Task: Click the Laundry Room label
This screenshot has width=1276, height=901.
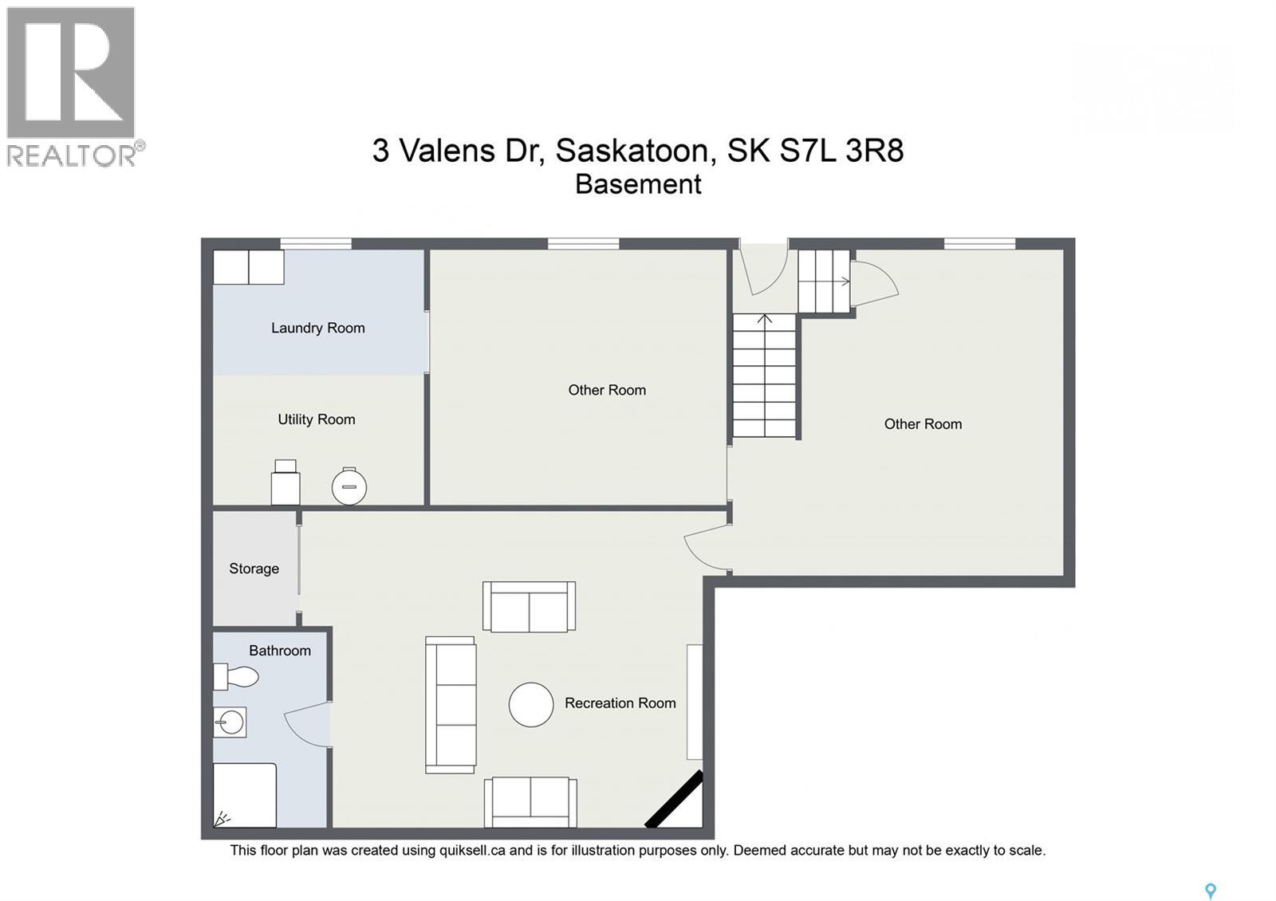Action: [x=317, y=328]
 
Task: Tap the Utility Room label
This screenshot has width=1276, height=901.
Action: [x=316, y=419]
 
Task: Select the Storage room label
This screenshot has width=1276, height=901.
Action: [x=254, y=569]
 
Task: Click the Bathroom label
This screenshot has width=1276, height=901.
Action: [x=279, y=651]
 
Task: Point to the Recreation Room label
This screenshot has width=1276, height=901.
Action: [x=620, y=703]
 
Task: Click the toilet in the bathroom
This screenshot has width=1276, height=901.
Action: [x=237, y=677]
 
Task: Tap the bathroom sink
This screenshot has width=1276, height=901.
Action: [x=230, y=722]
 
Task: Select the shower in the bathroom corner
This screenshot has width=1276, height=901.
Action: [x=245, y=795]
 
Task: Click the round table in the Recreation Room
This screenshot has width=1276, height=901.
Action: [x=531, y=705]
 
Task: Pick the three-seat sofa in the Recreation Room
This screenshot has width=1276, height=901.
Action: [x=451, y=705]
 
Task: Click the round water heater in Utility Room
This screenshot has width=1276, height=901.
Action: [x=349, y=486]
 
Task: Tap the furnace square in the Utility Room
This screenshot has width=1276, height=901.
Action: [x=286, y=483]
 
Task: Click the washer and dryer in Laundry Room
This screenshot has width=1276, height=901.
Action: [x=248, y=267]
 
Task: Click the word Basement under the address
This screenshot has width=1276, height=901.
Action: [x=638, y=184]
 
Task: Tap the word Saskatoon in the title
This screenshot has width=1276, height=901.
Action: [x=631, y=150]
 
